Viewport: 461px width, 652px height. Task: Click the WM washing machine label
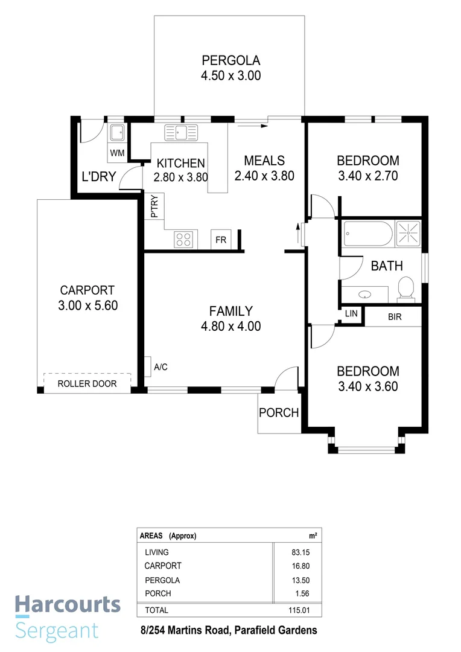point(117,153)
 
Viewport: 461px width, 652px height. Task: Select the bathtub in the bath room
point(367,233)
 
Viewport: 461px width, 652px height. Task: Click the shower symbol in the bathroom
point(408,233)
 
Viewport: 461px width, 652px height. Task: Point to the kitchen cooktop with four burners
point(184,239)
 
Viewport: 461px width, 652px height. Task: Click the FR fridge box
point(221,240)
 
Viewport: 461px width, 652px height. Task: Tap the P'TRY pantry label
point(154,206)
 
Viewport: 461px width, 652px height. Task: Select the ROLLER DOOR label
point(87,383)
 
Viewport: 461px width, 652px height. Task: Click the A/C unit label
point(161,366)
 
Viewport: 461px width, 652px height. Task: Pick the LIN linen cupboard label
point(351,315)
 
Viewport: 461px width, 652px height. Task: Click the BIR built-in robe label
point(395,316)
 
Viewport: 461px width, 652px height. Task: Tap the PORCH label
point(279,413)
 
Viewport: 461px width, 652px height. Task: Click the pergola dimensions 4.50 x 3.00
point(230,76)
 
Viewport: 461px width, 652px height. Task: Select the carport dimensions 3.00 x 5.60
point(87,305)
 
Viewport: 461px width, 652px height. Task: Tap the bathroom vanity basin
point(364,295)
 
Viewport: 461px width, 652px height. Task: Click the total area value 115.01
point(299,610)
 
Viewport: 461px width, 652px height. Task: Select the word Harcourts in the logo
point(68,606)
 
